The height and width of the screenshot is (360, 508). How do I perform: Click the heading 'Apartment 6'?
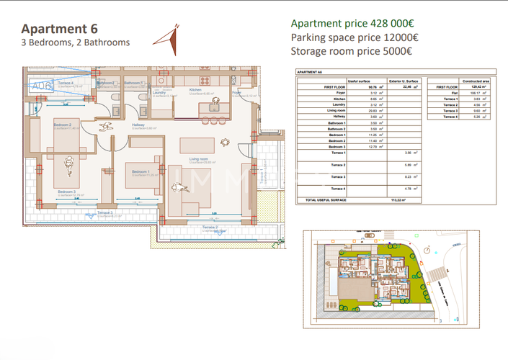click(59, 29)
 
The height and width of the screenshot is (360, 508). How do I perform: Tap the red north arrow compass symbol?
click(174, 40)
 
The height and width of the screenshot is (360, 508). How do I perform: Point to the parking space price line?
click(355, 37)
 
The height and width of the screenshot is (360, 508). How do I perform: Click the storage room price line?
click(351, 51)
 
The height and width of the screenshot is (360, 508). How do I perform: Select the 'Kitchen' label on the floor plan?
click(195, 90)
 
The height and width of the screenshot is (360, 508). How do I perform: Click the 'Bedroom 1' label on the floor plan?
click(140, 171)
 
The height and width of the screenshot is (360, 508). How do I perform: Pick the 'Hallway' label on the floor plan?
click(138, 125)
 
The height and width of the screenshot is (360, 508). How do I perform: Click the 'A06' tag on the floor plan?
click(42, 86)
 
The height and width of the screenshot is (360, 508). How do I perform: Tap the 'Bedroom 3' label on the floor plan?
click(66, 191)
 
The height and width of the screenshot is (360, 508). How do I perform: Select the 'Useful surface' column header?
click(358, 81)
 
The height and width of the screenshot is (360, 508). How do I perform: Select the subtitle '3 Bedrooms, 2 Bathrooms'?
click(76, 43)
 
